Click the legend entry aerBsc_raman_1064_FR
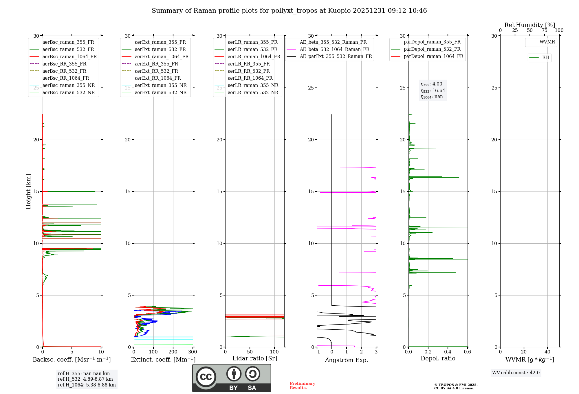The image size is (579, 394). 69,57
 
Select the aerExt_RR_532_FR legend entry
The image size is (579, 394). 156,71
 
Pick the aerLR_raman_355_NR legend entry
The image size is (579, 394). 253,85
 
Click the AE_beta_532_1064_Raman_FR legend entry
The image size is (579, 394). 334,49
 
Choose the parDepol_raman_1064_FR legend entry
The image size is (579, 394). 433,56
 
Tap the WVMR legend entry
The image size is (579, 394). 547,42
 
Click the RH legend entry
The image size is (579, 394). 545,58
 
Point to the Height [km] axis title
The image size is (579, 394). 28,191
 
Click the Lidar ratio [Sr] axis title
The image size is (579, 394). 255,358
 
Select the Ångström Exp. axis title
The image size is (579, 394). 347,360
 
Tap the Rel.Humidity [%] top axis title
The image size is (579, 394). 529,25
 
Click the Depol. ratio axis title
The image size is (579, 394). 438,358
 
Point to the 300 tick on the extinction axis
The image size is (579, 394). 193,352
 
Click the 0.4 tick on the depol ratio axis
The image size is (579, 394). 448,352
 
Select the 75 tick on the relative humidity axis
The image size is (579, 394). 545,30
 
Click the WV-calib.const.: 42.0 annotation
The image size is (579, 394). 516,373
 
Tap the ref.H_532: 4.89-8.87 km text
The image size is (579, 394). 85,379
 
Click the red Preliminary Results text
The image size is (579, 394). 302,386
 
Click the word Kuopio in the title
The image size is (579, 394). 339,11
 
